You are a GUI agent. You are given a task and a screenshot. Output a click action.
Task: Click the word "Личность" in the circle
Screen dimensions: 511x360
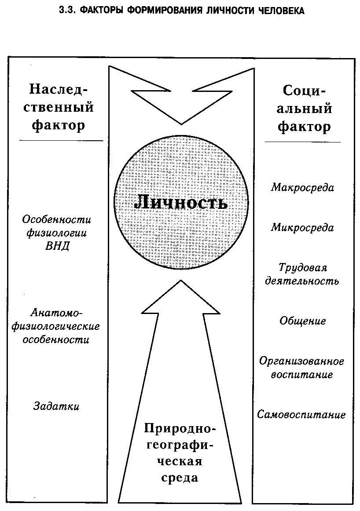[181, 202]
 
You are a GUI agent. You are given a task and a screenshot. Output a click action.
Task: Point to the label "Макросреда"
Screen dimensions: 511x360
[302, 188]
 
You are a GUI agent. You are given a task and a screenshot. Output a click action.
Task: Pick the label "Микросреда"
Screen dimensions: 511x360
[302, 228]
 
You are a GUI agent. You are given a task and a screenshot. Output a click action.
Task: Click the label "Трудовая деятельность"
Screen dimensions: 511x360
[302, 274]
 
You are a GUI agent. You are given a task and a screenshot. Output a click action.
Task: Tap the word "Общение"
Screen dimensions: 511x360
[303, 321]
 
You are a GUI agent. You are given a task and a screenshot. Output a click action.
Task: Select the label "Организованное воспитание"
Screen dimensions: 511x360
[302, 368]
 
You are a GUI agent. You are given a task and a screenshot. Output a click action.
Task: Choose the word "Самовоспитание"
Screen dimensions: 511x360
[302, 415]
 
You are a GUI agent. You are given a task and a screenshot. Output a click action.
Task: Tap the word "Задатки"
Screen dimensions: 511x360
[56, 406]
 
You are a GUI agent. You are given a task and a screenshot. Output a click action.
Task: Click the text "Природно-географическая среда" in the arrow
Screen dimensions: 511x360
[180, 453]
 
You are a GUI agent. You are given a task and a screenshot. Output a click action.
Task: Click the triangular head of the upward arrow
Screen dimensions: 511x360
[180, 299]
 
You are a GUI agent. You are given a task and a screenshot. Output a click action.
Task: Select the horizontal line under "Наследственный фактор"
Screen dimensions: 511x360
[62, 141]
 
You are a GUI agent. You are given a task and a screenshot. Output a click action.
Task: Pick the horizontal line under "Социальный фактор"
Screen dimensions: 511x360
[302, 142]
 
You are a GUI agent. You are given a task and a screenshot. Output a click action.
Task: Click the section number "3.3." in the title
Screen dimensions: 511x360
[67, 11]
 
